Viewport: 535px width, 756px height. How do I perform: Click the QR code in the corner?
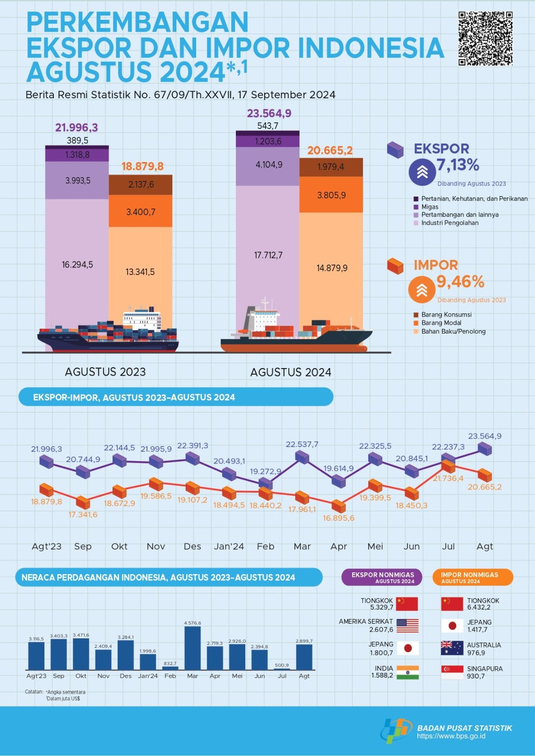485,39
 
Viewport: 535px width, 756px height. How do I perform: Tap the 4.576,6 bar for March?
192,648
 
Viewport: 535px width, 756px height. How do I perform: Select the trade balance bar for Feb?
170,668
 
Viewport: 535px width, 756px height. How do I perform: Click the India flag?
407,672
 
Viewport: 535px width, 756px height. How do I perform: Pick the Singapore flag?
452,672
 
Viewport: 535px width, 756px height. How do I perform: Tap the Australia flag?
452,648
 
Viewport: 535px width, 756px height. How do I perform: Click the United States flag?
407,626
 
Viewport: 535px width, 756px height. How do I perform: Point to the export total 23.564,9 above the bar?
269,113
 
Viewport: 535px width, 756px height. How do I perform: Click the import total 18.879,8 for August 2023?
142,166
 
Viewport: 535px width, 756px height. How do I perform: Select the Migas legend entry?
430,207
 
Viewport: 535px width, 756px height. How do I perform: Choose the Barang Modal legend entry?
441,323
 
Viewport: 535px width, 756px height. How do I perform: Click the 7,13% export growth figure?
457,165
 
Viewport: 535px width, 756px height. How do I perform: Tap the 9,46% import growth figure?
460,282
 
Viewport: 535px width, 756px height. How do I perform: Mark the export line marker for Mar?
302,457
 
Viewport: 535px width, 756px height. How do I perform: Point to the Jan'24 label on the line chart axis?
229,547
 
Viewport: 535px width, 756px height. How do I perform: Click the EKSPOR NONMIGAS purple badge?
382,577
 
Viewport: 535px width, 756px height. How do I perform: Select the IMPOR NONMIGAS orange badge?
472,577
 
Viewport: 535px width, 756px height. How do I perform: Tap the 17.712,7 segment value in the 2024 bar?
268,256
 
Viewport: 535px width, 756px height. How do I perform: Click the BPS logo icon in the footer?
396,730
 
